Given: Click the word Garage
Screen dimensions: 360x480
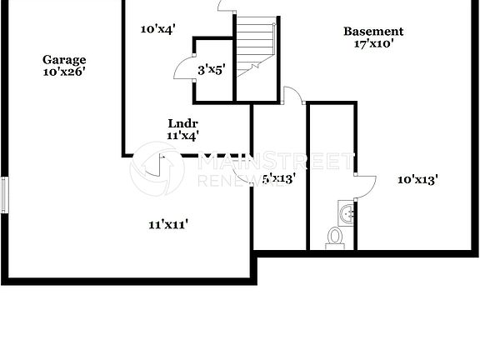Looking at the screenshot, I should (65, 60).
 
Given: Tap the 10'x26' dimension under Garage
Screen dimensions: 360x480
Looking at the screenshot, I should (65, 72).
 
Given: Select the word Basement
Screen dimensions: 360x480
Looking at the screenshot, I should (373, 32).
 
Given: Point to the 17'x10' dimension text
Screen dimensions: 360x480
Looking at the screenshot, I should (373, 44).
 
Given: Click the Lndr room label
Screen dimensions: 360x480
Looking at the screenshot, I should (182, 122).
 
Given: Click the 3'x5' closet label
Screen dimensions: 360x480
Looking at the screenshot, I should (212, 71).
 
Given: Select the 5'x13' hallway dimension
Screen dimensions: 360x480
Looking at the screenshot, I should (278, 177).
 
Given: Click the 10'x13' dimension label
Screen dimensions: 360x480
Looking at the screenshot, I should (417, 178).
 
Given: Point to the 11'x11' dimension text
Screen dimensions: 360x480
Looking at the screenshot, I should (168, 223).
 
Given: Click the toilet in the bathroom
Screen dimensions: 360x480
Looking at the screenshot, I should (335, 237).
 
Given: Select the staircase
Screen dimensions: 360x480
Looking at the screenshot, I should (255, 46).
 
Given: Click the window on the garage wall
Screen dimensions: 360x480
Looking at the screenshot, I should (4, 195).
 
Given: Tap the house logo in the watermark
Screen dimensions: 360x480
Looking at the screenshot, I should (157, 168).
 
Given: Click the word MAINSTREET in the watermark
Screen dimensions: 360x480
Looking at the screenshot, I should (275, 160).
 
